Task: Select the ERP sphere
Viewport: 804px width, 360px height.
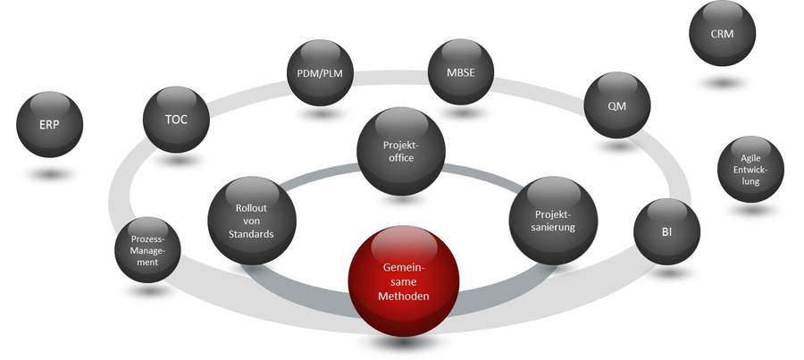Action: (x=50, y=126)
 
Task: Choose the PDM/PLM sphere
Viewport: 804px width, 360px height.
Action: (x=319, y=73)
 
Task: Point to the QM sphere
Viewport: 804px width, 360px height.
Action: (x=617, y=105)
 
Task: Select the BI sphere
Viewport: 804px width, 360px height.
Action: (x=666, y=230)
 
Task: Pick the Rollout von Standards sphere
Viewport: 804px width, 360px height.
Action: (x=251, y=220)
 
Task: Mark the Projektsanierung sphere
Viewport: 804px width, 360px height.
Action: (x=553, y=220)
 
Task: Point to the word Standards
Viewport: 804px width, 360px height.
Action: (x=250, y=234)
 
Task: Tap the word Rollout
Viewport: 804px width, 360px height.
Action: (x=251, y=206)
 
